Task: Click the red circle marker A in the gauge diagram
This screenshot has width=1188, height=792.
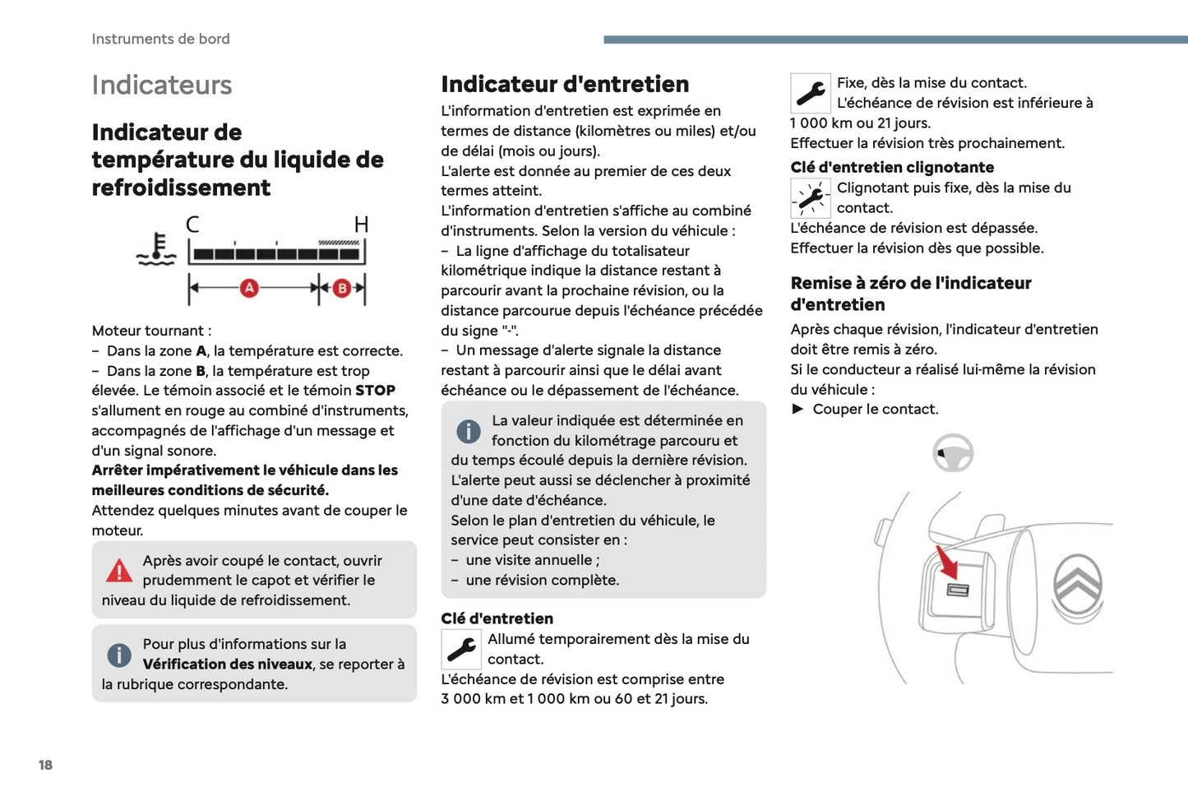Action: tap(249, 288)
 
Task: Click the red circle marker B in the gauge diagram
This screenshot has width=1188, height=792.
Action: tap(342, 288)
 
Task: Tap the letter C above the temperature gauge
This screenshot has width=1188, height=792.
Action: tap(192, 225)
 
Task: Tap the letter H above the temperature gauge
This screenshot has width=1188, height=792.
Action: tap(361, 225)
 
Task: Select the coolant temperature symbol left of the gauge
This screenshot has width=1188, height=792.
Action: tap(157, 250)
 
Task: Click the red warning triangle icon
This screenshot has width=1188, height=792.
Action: tap(119, 570)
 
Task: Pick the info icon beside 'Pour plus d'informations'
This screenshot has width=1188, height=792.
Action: tap(119, 655)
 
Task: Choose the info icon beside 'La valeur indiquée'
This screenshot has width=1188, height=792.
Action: tap(469, 431)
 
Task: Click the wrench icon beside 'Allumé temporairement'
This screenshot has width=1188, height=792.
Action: tap(461, 649)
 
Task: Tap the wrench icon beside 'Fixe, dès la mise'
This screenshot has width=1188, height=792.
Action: tap(811, 93)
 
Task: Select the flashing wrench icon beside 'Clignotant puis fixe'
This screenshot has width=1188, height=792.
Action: tap(811, 198)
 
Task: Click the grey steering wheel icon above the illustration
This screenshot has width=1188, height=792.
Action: tap(954, 452)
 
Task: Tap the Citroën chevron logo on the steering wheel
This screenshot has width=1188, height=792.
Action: tap(1078, 586)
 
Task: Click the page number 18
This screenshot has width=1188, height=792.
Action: tap(45, 765)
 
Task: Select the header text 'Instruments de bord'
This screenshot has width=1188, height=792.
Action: tap(161, 39)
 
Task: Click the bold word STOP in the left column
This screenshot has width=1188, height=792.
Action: tap(375, 391)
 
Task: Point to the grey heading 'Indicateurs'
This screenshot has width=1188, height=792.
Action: tap(162, 85)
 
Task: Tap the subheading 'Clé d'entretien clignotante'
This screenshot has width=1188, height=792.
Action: tap(892, 167)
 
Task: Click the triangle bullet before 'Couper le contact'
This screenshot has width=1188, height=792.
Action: tap(797, 410)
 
